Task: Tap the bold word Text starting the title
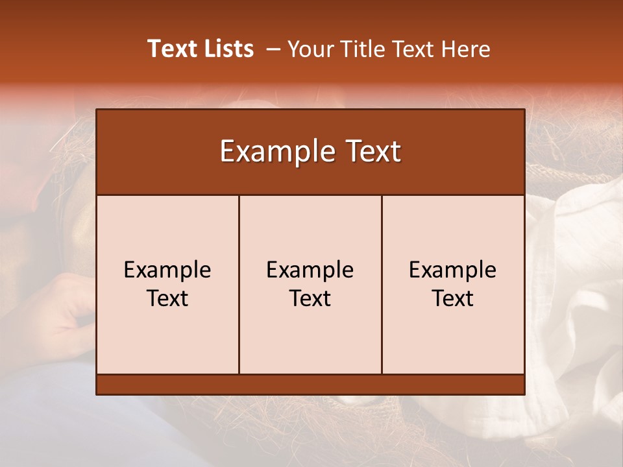tap(172, 49)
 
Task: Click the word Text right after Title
tap(411, 49)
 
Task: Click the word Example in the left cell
tap(167, 270)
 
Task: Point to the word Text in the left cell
tap(167, 298)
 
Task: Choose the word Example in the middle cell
tap(310, 270)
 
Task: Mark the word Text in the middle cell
tap(310, 298)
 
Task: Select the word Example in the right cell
tap(453, 270)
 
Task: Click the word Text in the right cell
tap(453, 298)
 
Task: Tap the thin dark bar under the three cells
tap(310, 385)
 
